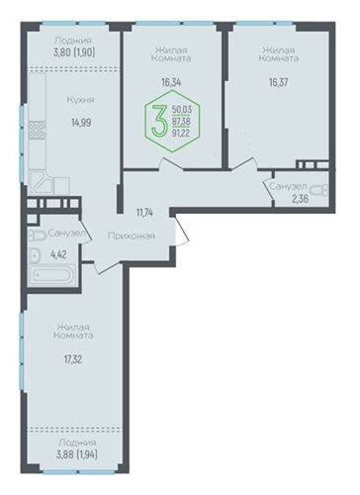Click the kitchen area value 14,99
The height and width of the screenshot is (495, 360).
81,123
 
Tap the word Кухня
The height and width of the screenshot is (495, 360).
80,100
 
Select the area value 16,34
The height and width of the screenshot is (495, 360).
171,82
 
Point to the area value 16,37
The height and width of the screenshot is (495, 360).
278,82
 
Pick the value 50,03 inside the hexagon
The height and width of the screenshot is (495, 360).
182,110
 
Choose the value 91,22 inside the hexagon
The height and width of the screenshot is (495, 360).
181,133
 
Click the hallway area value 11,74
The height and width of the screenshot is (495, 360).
144,213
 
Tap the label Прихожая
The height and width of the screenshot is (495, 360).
132,236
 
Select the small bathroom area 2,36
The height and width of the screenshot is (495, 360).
300,199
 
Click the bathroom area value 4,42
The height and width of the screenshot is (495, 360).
58,254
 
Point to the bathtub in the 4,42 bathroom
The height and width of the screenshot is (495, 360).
51,275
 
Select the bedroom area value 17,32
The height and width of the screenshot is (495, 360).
73,359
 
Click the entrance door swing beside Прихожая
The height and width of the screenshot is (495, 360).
181,230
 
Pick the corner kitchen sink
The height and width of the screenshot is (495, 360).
41,183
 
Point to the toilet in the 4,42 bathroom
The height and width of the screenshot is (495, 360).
38,236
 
